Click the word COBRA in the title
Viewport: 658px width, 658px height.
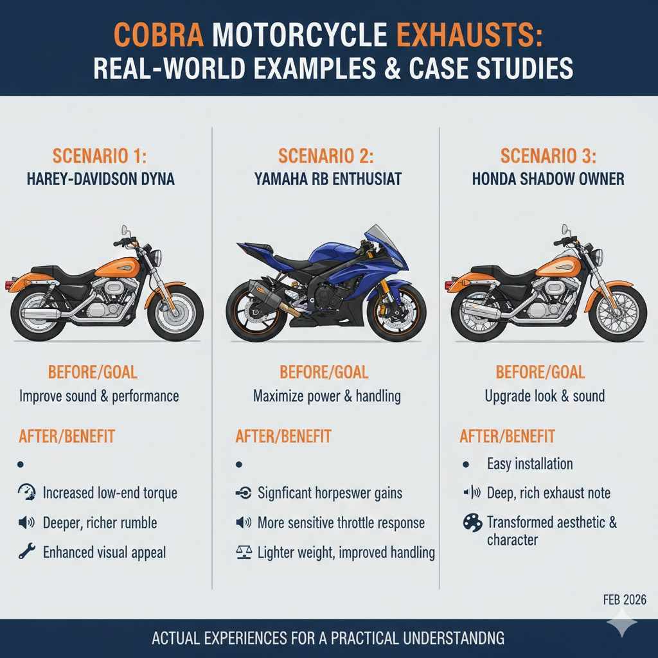click(159, 35)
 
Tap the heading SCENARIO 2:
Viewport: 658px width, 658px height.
click(326, 157)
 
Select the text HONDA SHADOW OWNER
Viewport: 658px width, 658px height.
click(548, 179)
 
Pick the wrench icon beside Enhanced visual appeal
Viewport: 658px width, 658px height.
click(26, 551)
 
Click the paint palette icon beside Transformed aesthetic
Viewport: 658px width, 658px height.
click(472, 523)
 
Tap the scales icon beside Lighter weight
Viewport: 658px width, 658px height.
click(244, 552)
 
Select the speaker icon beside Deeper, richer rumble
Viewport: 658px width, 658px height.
click(26, 522)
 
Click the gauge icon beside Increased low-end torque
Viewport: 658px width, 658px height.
click(27, 492)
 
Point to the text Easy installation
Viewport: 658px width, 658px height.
click(529, 464)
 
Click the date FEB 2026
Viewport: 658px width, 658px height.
click(625, 600)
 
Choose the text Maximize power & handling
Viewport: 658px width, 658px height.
click(327, 396)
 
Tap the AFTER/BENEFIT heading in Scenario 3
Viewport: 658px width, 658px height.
click(508, 436)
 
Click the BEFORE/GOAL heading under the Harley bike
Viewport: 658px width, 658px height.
click(93, 372)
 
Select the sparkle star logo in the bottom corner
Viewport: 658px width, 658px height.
click(622, 622)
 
